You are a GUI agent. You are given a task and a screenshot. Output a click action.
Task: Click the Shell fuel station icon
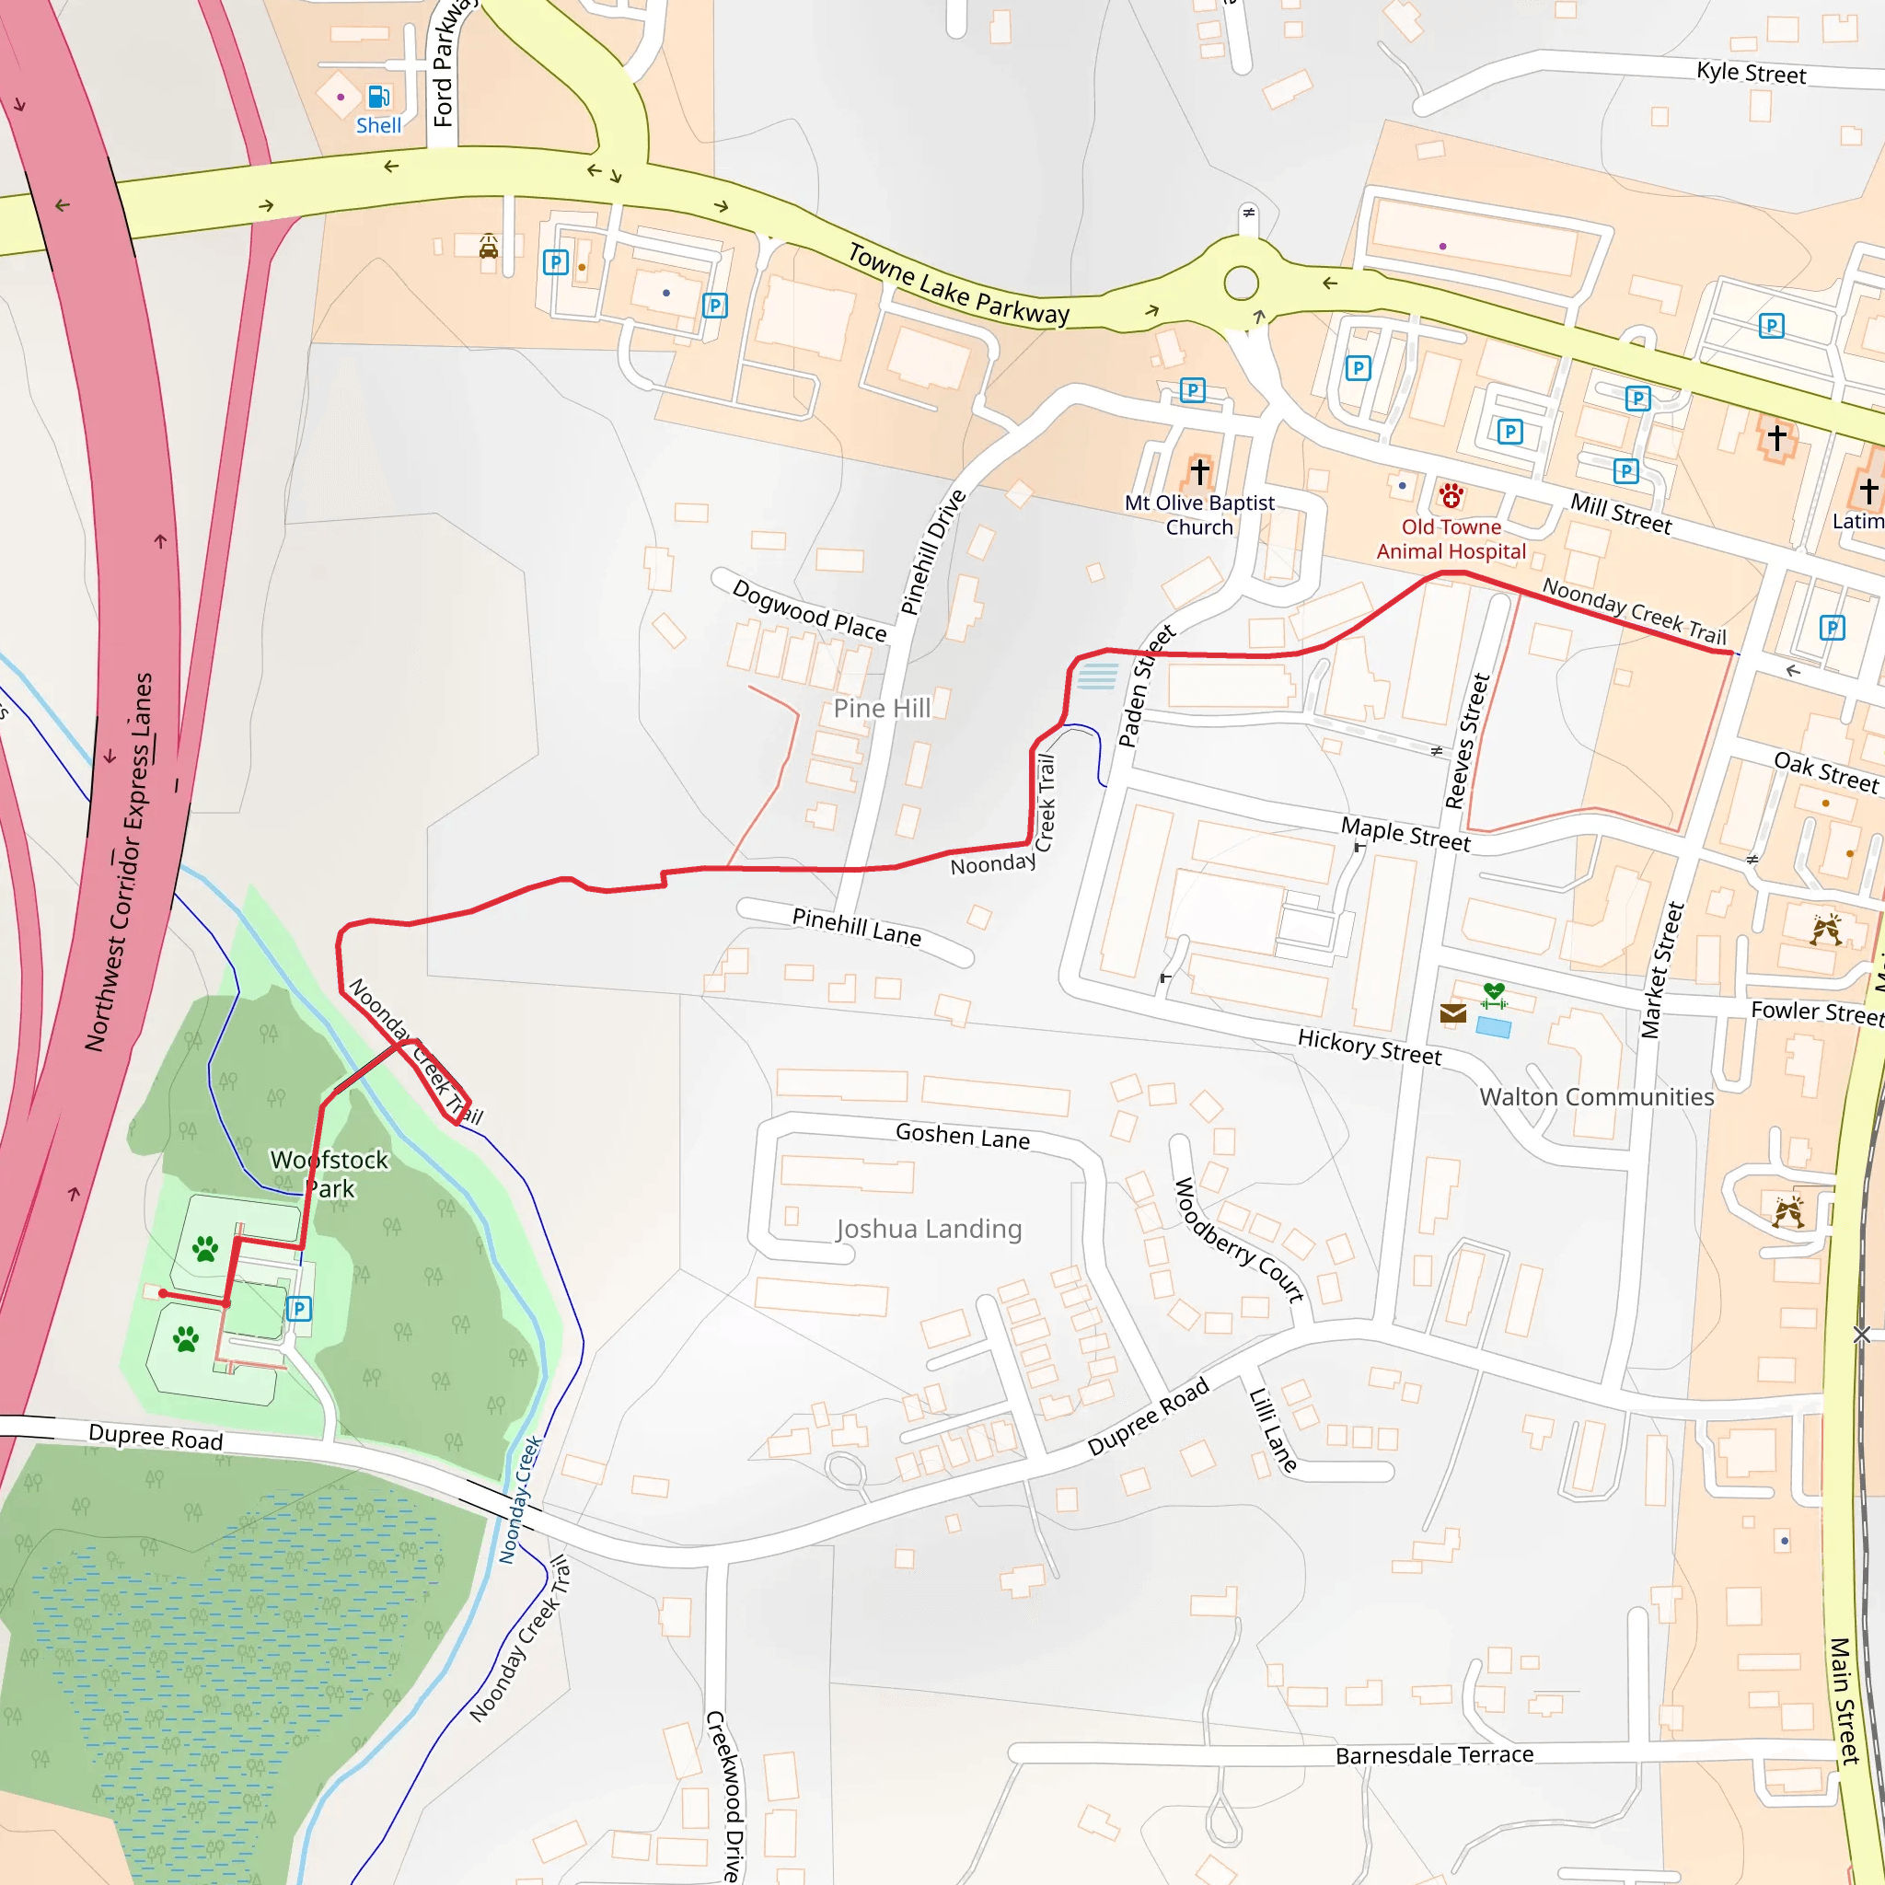[377, 97]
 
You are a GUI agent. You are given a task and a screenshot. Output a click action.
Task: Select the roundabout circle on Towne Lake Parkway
[1240, 283]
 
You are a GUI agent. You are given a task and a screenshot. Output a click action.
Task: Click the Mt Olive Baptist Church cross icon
[1199, 471]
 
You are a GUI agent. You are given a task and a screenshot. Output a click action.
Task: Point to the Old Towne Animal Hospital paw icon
[1451, 496]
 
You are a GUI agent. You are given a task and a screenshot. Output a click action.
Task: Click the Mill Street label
[1621, 514]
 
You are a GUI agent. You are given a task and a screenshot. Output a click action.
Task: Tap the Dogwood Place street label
[809, 611]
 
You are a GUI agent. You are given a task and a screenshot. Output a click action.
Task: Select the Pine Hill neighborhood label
[882, 709]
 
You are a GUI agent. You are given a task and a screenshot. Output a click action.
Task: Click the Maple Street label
[1405, 834]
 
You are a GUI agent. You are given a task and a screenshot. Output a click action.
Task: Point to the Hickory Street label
[1369, 1047]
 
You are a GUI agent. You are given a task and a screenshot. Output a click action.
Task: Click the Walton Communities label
[1596, 1096]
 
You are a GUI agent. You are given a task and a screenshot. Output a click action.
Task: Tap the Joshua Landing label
[929, 1229]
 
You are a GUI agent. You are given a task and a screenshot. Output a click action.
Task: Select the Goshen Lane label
[962, 1136]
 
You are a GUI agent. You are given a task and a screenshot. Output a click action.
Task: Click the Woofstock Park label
[330, 1174]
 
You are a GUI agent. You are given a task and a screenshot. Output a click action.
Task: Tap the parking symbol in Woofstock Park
[298, 1309]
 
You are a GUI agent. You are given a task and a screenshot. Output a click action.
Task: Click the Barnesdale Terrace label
[1434, 1755]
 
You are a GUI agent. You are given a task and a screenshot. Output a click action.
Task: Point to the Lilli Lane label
[1273, 1430]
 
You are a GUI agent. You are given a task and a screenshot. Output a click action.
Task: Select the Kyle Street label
[1751, 74]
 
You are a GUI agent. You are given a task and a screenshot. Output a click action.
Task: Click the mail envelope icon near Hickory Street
[1452, 1013]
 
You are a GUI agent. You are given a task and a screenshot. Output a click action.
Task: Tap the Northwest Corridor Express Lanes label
[119, 862]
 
